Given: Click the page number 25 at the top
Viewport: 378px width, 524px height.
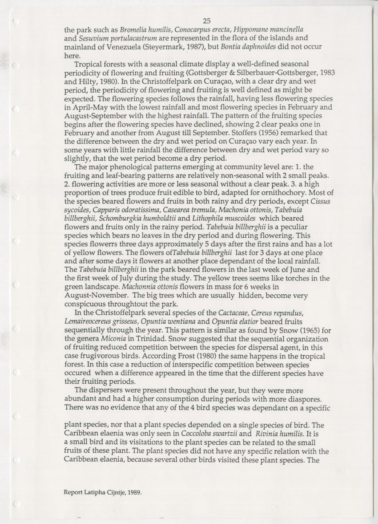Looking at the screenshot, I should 206,21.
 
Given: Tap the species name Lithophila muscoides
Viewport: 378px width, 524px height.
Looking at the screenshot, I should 227,219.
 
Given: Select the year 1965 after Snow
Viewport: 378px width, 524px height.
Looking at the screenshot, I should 303,330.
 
